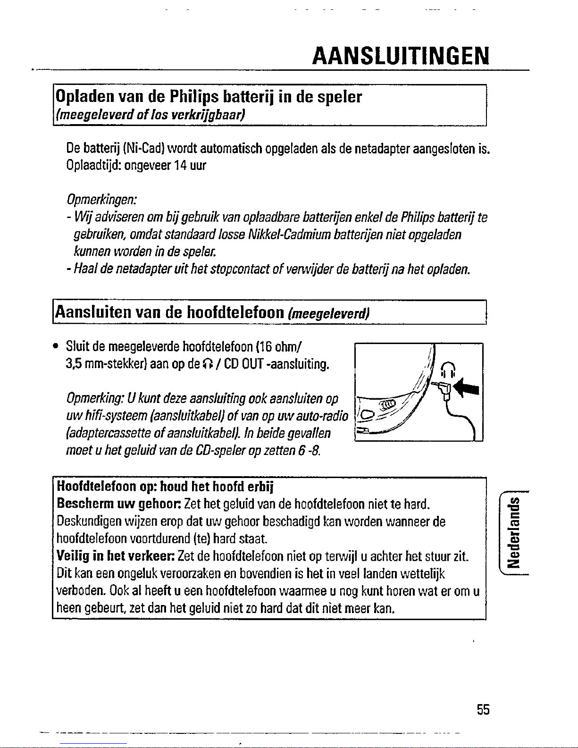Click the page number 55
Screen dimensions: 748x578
[x=483, y=709]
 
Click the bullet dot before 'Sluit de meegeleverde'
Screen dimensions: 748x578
[x=56, y=347]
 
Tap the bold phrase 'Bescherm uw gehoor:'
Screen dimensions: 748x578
[x=119, y=504]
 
